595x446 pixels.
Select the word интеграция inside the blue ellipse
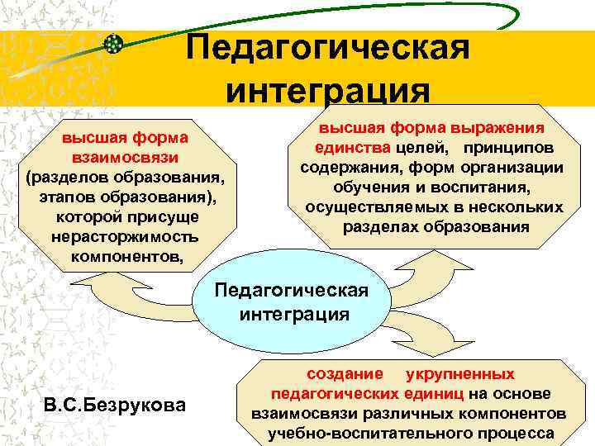tap(294, 315)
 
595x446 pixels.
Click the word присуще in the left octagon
tap(165, 217)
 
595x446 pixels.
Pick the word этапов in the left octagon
tap(64, 197)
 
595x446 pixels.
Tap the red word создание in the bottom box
tap(340, 373)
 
